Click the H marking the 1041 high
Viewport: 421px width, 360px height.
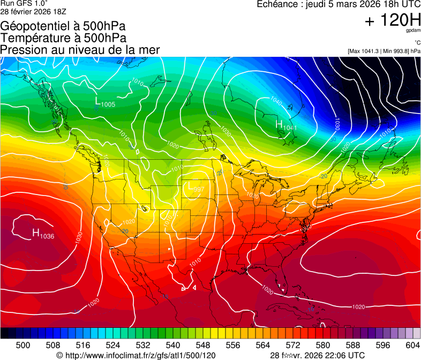point(279,124)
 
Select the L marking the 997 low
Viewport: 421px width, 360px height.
point(188,186)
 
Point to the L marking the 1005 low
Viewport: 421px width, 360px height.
point(98,101)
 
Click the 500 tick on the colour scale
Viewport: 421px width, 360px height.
point(23,344)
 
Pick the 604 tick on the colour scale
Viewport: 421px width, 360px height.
point(412,344)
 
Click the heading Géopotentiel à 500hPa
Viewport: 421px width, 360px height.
point(63,26)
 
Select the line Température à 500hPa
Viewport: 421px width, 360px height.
point(63,38)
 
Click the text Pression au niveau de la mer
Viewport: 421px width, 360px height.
point(80,50)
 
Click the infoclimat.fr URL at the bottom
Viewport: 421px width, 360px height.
point(136,355)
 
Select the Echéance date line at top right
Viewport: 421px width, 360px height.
point(339,4)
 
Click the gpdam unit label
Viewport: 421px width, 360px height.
point(412,31)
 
